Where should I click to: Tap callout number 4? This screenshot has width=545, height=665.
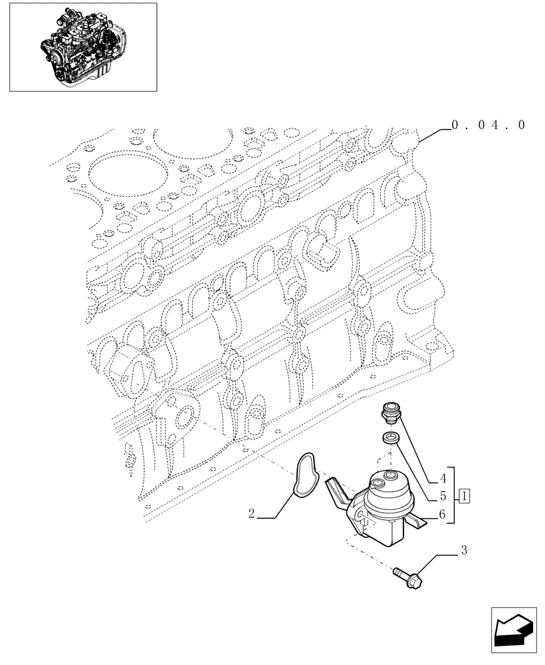click(x=441, y=477)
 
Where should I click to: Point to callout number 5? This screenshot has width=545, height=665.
click(x=441, y=495)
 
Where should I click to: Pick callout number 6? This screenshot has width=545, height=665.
click(x=441, y=514)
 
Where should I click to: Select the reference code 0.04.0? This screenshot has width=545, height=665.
click(x=487, y=124)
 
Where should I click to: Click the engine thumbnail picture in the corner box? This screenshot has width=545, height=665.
click(x=82, y=46)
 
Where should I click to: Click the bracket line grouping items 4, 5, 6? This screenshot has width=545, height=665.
click(x=453, y=495)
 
